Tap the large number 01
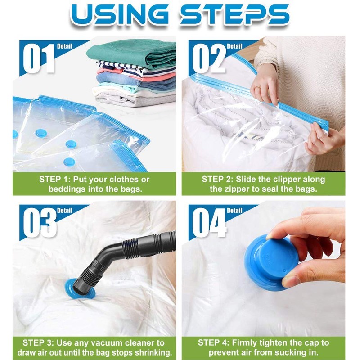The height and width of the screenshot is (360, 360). click(39, 58)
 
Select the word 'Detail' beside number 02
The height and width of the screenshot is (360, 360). click(234, 46)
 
